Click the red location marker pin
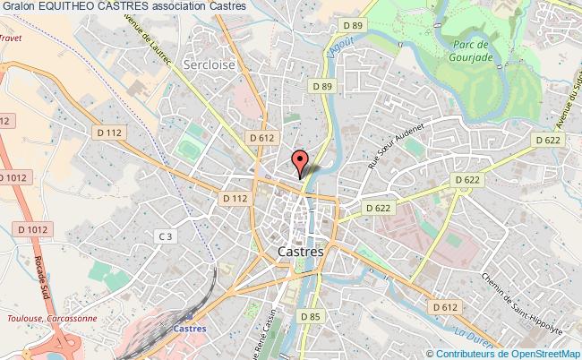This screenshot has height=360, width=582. coord(300,160)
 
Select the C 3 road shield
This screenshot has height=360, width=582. coord(164,236)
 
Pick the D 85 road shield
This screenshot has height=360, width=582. coord(311,316)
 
